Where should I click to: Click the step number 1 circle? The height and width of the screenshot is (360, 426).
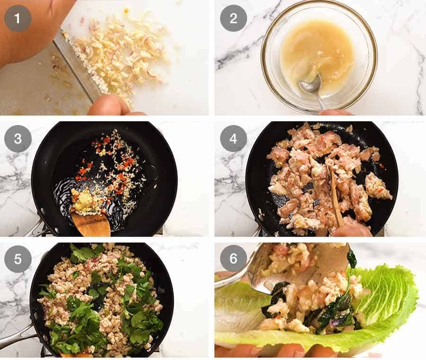[18, 18]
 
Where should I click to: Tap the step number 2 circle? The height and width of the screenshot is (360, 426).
[233, 18]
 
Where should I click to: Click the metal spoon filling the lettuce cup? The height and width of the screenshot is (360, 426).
[293, 265]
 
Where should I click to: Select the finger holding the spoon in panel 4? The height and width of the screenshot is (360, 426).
[350, 230]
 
